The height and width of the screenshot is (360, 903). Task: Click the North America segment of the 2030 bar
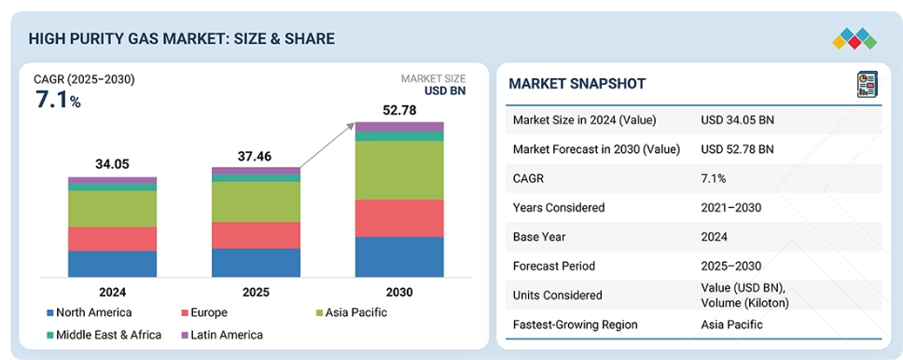(x=399, y=256)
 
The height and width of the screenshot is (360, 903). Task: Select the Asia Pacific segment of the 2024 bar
(x=112, y=209)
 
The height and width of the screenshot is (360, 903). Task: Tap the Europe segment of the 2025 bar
(x=256, y=235)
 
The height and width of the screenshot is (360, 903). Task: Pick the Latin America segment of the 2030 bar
(x=399, y=127)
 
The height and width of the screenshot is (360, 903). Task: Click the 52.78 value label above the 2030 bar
(x=399, y=110)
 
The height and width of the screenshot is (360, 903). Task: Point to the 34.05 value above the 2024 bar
(x=112, y=165)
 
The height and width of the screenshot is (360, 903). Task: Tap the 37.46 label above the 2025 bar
(x=255, y=156)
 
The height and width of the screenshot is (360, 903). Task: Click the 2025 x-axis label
(x=256, y=292)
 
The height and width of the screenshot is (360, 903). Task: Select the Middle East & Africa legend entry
(x=104, y=335)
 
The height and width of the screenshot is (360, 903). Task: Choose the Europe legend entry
(x=204, y=312)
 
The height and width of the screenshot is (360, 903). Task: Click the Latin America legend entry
(x=222, y=335)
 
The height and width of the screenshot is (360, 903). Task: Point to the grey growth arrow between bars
(x=326, y=145)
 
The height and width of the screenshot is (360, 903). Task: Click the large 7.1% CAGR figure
(x=58, y=100)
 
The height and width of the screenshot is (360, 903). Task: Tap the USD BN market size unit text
(x=445, y=90)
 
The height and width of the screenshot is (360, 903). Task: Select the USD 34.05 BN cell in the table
(x=737, y=120)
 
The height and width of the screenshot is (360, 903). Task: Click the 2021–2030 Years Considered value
(x=730, y=207)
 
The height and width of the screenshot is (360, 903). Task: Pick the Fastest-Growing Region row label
(x=576, y=325)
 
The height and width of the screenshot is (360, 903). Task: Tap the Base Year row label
(x=538, y=237)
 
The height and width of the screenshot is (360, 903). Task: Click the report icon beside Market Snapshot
(x=868, y=85)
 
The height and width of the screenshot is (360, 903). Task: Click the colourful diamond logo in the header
(x=854, y=38)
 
